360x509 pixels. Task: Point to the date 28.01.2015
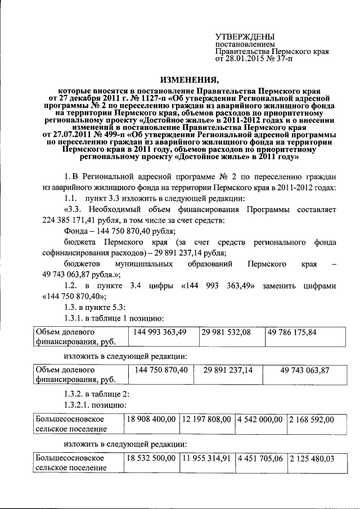tap(245, 58)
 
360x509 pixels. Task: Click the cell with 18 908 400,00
tap(152, 420)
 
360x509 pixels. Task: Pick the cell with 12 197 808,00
tap(206, 420)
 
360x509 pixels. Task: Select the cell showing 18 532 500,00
tap(152, 458)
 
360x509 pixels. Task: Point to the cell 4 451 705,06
tap(260, 458)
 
